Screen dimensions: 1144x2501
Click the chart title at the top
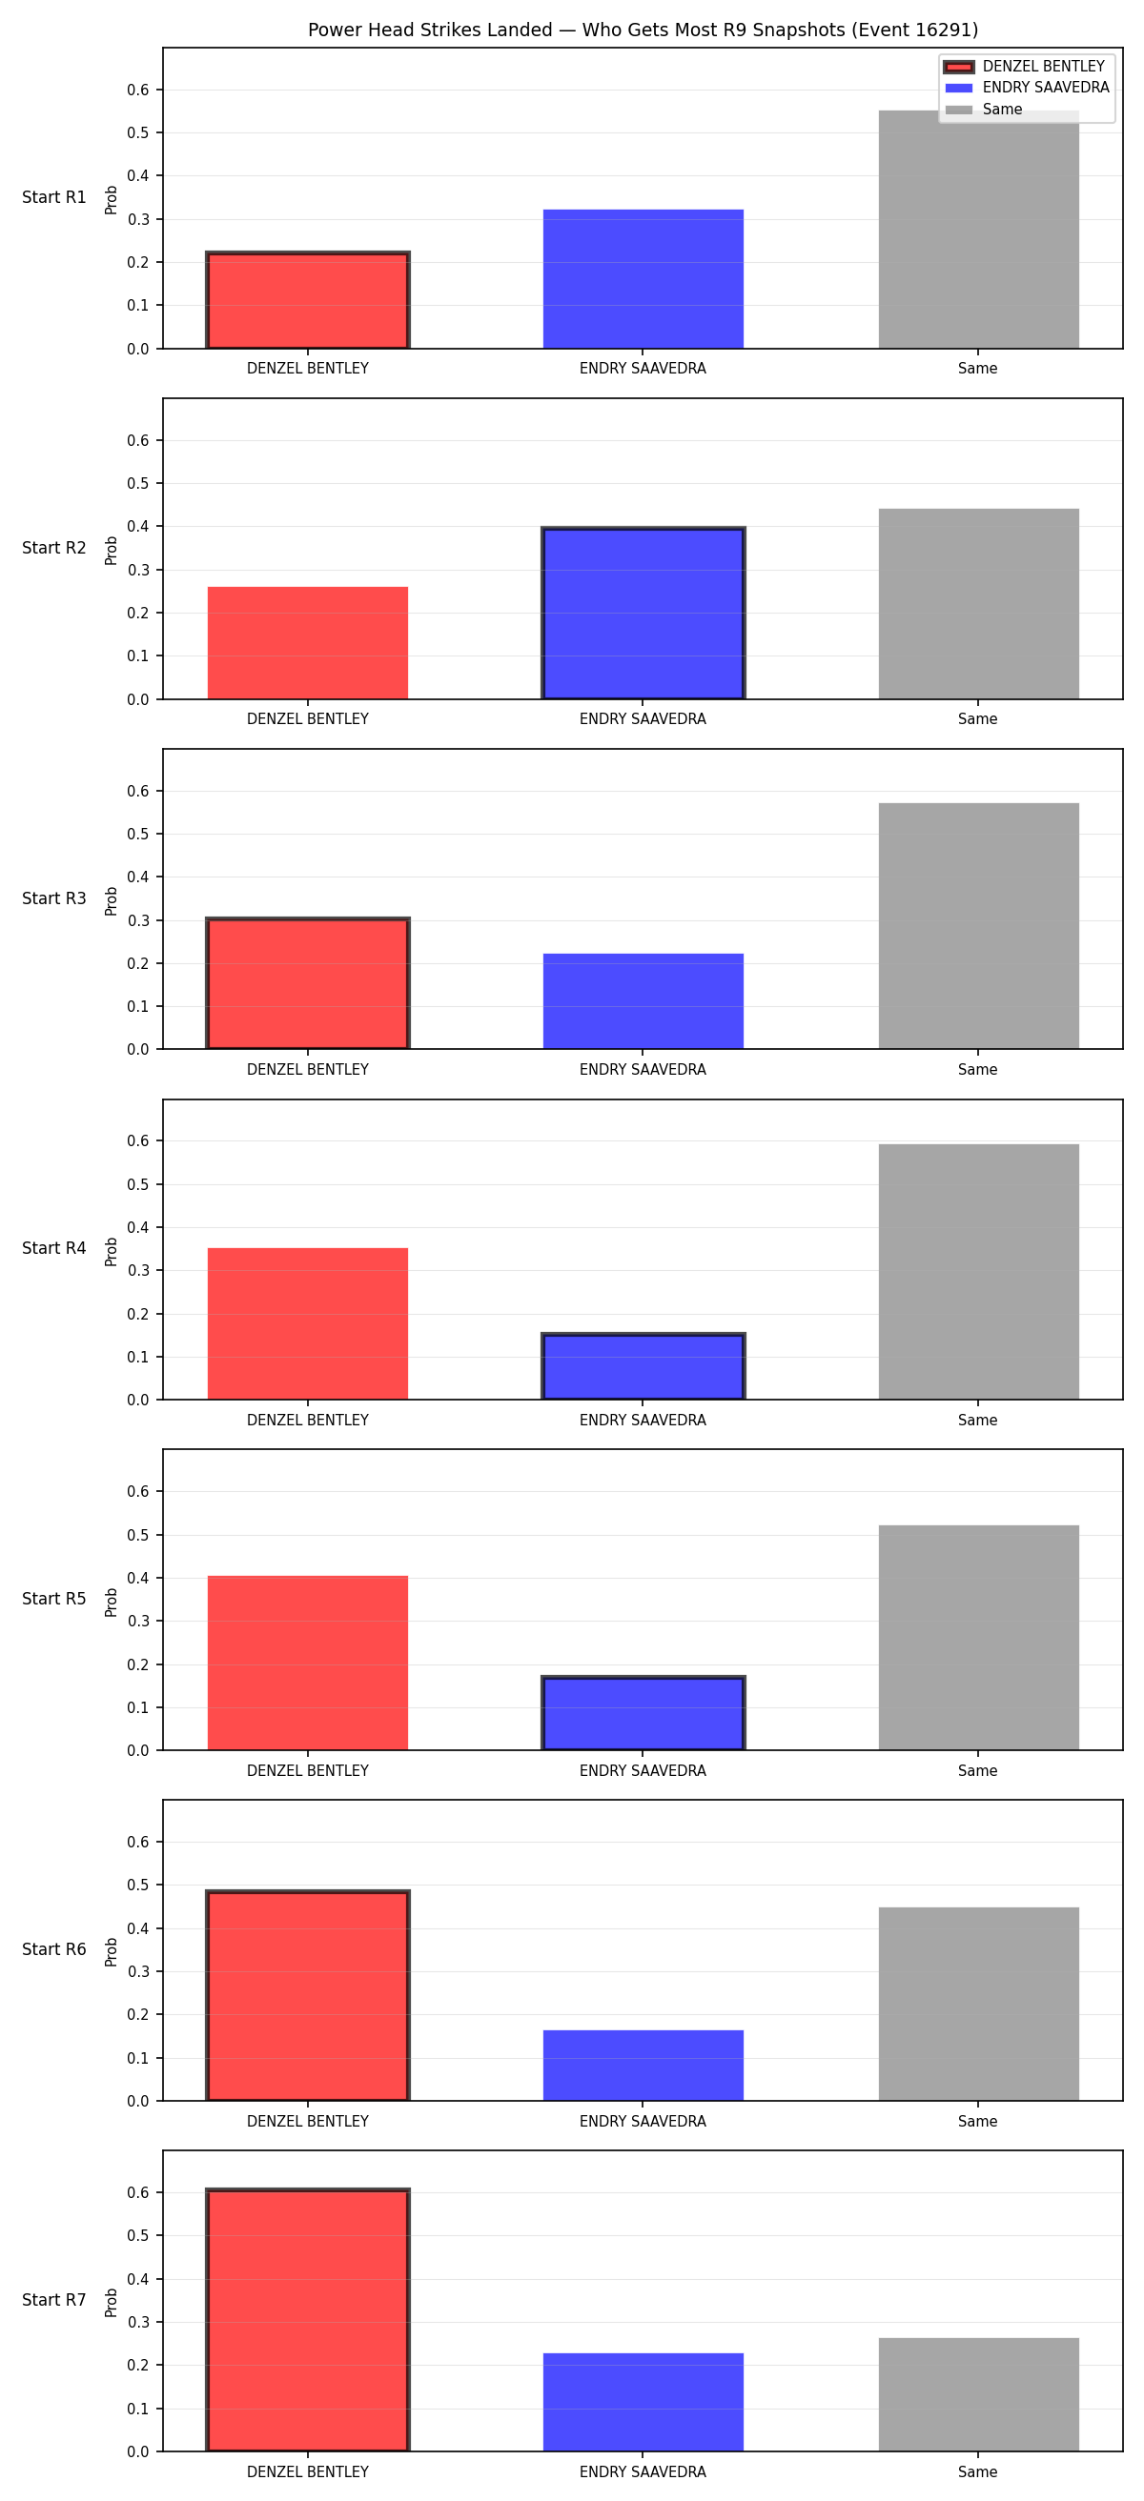click(643, 30)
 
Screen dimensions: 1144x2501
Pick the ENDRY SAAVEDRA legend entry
click(1027, 88)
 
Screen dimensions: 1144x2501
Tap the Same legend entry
click(984, 110)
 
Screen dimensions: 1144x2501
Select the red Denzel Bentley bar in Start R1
click(308, 300)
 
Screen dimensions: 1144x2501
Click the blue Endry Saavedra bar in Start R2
click(643, 613)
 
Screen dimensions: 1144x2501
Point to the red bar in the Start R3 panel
click(308, 983)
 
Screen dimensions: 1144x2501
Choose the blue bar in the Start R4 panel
click(643, 1367)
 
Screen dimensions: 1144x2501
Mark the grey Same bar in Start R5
click(978, 1638)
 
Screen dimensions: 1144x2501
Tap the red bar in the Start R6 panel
click(308, 1996)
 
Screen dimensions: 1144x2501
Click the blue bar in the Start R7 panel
click(643, 2402)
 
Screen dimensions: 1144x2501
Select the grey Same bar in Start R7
click(978, 2395)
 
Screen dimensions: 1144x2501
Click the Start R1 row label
click(54, 198)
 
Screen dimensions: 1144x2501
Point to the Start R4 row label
click(54, 1248)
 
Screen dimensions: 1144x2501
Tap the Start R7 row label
click(54, 2300)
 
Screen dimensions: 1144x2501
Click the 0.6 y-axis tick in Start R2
click(138, 441)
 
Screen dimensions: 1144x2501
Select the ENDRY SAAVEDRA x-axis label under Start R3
click(643, 1070)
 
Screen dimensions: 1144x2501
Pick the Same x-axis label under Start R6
click(978, 2122)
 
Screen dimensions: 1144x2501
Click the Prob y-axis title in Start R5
click(112, 1602)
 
